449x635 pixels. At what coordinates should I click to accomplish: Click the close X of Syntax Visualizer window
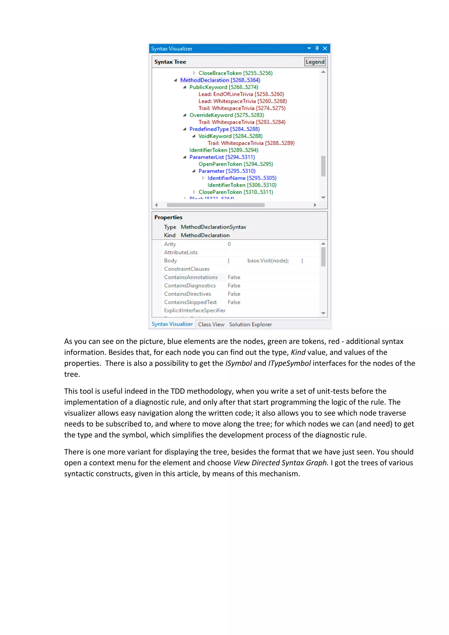tap(325, 48)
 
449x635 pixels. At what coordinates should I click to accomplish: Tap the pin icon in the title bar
tap(317, 48)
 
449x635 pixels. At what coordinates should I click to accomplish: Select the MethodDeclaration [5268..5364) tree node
tap(220, 80)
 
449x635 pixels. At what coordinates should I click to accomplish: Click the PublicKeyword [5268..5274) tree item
tap(223, 87)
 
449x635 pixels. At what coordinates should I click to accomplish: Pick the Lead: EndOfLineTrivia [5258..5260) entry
tap(241, 94)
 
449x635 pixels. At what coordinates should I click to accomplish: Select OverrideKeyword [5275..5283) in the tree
tap(226, 115)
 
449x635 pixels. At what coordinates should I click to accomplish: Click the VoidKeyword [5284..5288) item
tap(230, 136)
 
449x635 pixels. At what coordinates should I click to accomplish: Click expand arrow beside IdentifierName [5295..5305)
tap(203, 178)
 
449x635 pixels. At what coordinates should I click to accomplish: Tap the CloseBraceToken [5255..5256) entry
tap(235, 73)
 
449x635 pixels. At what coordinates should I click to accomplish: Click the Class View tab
tap(211, 325)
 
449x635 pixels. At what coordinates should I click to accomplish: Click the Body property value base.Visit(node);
tap(268, 261)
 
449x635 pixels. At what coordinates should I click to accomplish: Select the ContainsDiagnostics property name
tap(190, 286)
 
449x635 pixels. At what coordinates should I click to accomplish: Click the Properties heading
tap(168, 217)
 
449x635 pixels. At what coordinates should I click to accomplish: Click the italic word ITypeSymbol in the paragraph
tap(289, 363)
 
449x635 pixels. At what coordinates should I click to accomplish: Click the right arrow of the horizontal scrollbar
tap(315, 205)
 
